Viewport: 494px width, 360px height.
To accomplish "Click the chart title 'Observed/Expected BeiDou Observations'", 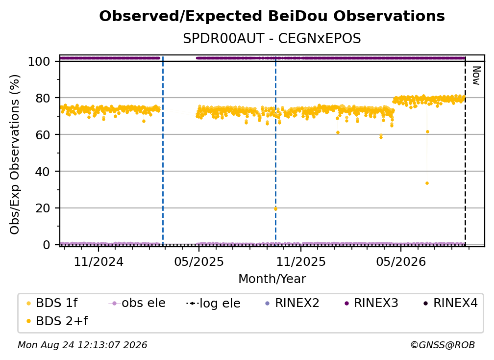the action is tap(272, 16).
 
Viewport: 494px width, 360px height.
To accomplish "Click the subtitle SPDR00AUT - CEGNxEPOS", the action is tap(272, 39).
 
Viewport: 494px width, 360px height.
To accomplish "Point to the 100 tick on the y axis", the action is tap(39, 61).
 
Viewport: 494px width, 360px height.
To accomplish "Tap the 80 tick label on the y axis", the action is tap(43, 98).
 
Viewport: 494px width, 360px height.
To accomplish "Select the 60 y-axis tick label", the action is tap(43, 135).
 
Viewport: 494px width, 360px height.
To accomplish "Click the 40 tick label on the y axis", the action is tap(43, 172).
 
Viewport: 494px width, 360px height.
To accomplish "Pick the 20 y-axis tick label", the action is tap(43, 208).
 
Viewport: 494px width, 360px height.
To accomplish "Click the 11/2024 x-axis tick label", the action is tap(99, 261).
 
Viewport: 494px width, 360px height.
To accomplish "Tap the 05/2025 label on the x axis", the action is tap(199, 261).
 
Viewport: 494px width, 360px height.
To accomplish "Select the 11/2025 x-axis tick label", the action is tap(301, 261).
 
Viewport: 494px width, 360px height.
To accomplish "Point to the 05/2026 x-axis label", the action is tap(401, 261).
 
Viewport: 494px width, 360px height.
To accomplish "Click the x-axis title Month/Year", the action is tap(272, 279).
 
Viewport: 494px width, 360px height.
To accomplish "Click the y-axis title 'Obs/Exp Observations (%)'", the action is tap(15, 154).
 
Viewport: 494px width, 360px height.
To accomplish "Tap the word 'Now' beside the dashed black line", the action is tap(476, 76).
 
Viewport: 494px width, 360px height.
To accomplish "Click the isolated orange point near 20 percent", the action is tap(275, 208).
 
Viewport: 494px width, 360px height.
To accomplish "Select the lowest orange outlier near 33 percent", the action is tap(427, 183).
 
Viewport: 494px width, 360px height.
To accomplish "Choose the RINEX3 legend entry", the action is tap(371, 303).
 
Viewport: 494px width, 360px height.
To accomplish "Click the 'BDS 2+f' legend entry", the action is tap(57, 321).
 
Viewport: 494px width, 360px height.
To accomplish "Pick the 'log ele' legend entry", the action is tap(213, 304).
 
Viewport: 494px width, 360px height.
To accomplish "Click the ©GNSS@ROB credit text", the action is tap(443, 345).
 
